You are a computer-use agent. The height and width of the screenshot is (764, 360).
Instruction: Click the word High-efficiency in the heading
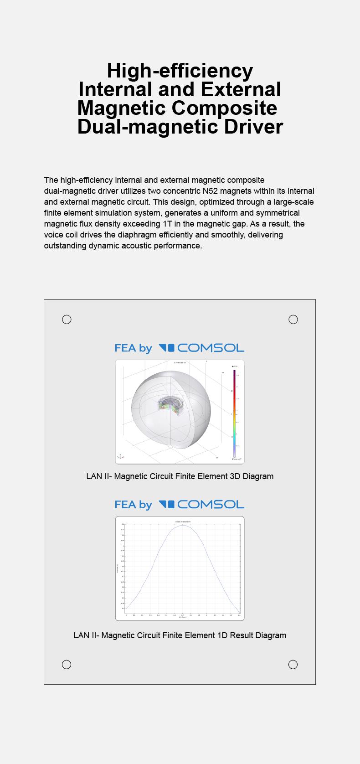click(180, 71)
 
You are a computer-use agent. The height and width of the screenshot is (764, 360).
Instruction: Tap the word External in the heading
click(241, 90)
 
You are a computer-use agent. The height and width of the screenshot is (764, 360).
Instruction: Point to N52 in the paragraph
click(210, 191)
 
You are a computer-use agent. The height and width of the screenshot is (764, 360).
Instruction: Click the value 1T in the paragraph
click(167, 224)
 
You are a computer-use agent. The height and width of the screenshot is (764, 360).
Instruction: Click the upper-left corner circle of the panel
click(67, 320)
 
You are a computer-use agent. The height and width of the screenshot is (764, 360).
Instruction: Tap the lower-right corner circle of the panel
click(293, 664)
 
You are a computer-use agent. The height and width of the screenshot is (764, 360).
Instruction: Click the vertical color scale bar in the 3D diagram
click(235, 413)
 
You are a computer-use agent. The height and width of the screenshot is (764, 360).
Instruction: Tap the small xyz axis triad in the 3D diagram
click(120, 456)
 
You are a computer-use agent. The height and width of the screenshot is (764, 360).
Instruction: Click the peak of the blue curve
click(183, 525)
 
